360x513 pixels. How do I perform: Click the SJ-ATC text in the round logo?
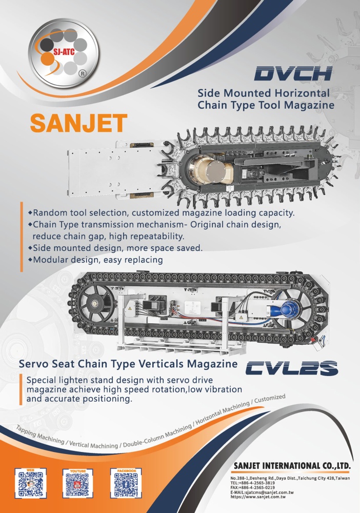pyautogui.click(x=64, y=52)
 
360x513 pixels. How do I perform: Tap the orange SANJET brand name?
pyautogui.click(x=78, y=123)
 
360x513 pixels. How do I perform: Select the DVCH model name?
pyautogui.click(x=293, y=73)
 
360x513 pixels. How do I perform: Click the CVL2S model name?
pyautogui.click(x=291, y=368)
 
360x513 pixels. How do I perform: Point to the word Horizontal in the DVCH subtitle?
pyautogui.click(x=302, y=93)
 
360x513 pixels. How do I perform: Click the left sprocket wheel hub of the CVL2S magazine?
pyautogui.click(x=95, y=304)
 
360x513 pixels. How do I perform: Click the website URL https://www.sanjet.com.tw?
pyautogui.click(x=258, y=497)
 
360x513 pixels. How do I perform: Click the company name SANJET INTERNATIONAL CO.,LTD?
pyautogui.click(x=292, y=466)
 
